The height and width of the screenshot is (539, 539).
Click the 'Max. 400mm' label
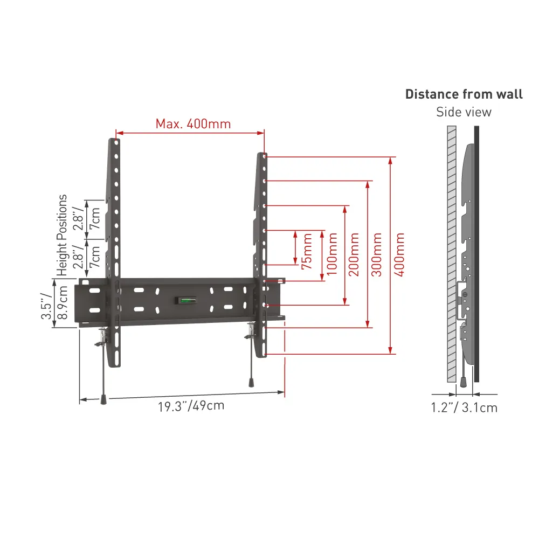[x=193, y=124]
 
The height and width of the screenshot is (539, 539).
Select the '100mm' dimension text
[x=332, y=254]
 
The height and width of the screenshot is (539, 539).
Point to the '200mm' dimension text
[x=354, y=254]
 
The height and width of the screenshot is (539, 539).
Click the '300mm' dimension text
[x=377, y=254]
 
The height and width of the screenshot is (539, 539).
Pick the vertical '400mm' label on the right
[x=399, y=254]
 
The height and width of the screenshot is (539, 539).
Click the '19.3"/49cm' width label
[x=191, y=406]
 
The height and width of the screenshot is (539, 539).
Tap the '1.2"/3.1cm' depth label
[x=464, y=407]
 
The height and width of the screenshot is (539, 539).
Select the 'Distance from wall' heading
[x=464, y=94]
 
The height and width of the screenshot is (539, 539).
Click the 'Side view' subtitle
[x=464, y=112]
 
